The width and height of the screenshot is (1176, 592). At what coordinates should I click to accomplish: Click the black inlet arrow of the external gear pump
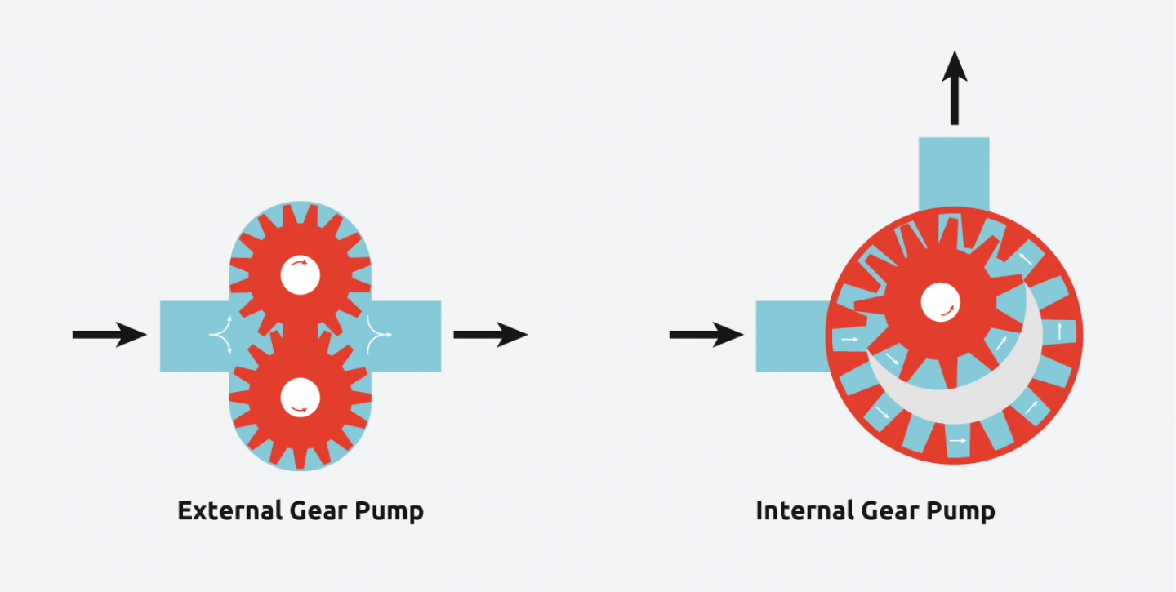coord(109,334)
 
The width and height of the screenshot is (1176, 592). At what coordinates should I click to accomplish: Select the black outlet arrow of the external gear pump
coord(490,334)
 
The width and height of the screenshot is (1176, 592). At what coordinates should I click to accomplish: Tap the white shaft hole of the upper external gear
coord(300,274)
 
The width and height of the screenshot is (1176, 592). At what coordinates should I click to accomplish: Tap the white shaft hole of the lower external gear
coord(300,398)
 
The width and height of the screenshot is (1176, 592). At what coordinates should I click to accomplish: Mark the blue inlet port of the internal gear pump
coord(788,336)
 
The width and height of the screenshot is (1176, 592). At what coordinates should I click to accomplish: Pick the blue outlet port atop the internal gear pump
coord(954,171)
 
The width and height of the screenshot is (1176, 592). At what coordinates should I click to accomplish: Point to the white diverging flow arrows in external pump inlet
coord(221,334)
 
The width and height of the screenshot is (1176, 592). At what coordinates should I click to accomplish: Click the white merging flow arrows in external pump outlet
coord(378,334)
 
